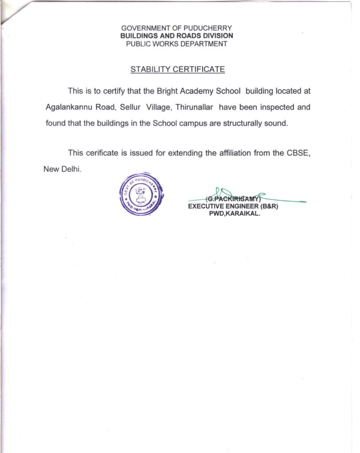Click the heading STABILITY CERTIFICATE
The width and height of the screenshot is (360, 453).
(177, 69)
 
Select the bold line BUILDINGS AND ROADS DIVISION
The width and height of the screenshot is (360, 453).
(177, 36)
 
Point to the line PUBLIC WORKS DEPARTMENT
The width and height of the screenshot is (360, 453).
(177, 44)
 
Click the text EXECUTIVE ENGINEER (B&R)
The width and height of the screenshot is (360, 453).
(233, 206)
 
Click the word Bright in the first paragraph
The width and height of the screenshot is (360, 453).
(167, 91)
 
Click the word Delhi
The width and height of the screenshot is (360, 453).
(73, 169)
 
